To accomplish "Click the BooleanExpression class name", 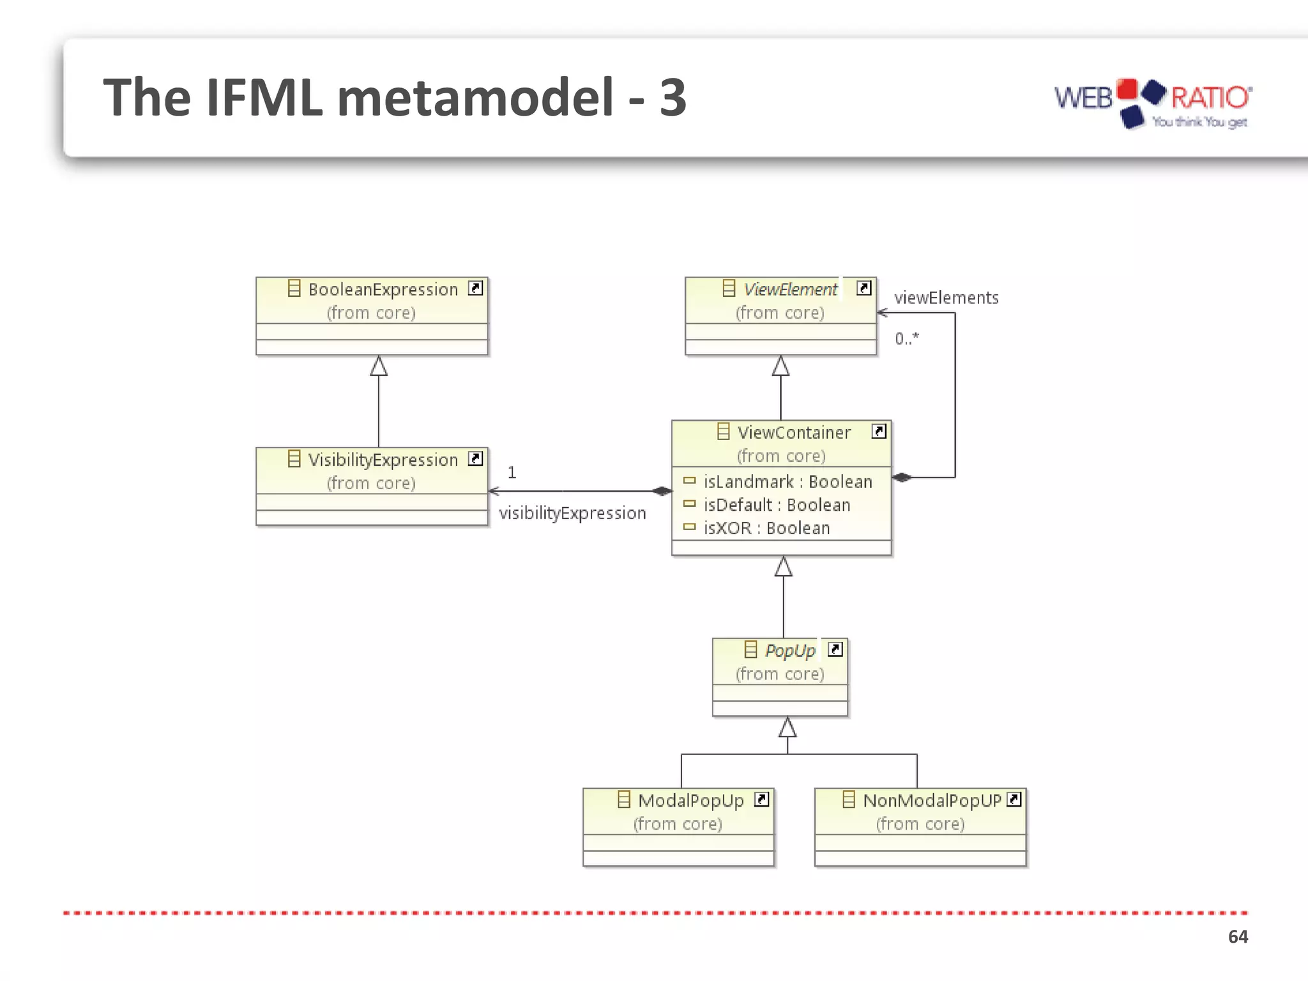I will click(383, 290).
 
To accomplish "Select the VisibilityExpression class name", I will click(383, 460).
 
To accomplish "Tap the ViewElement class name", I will click(791, 290).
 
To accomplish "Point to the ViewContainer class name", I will click(794, 433).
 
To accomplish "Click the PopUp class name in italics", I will click(790, 651).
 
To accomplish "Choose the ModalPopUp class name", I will click(691, 801).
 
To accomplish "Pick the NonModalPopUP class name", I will click(932, 801).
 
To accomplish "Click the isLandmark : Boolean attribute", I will click(787, 482).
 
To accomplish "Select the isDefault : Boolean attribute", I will click(777, 505).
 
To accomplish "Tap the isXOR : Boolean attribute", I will click(766, 528).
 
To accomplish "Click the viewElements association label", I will click(946, 298).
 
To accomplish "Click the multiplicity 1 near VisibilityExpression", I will click(512, 473).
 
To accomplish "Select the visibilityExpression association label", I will click(572, 513).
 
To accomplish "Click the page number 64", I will click(1238, 937).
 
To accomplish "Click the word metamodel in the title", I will click(475, 98).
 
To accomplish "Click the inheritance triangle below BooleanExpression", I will click(379, 367).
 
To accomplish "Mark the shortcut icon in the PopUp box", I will click(835, 650).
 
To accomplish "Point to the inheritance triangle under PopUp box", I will click(787, 727).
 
